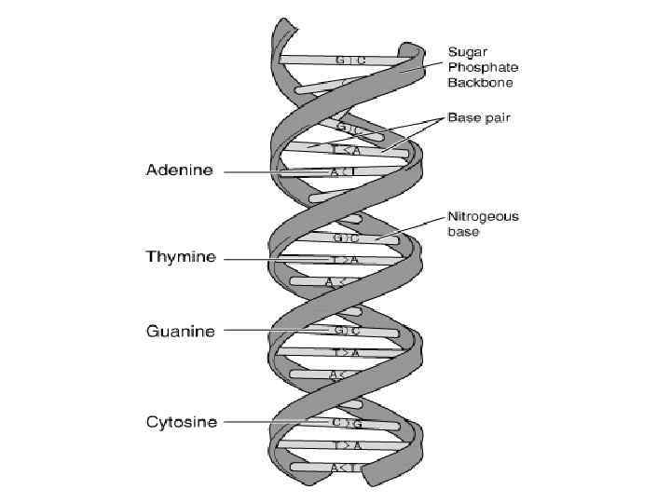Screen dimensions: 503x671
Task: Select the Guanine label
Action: click(x=181, y=331)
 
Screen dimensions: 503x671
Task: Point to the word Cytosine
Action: click(x=182, y=422)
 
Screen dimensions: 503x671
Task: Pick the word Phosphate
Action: click(x=483, y=67)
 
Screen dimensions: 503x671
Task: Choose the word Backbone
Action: click(x=482, y=82)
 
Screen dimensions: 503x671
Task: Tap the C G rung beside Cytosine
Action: click(x=346, y=423)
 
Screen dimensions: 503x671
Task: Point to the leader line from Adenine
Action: click(x=247, y=172)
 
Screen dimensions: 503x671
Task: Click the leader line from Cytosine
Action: click(x=252, y=423)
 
